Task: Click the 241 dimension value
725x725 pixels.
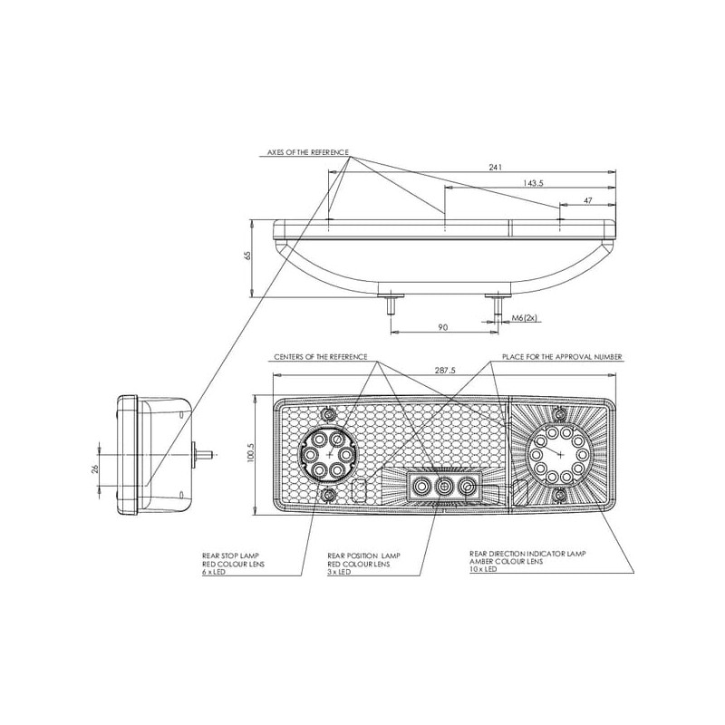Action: pyautogui.click(x=495, y=167)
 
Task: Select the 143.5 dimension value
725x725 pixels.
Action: pyautogui.click(x=533, y=183)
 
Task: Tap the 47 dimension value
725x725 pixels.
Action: pyautogui.click(x=587, y=200)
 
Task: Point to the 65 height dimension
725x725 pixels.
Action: pyautogui.click(x=247, y=256)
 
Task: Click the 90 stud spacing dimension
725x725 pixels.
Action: pyautogui.click(x=443, y=327)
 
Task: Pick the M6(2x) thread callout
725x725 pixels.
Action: pyautogui.click(x=525, y=318)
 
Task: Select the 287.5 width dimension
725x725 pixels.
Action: pyautogui.click(x=445, y=370)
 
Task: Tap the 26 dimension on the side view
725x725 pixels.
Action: pyautogui.click(x=95, y=469)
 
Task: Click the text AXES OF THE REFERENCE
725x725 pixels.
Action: pyautogui.click(x=308, y=152)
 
